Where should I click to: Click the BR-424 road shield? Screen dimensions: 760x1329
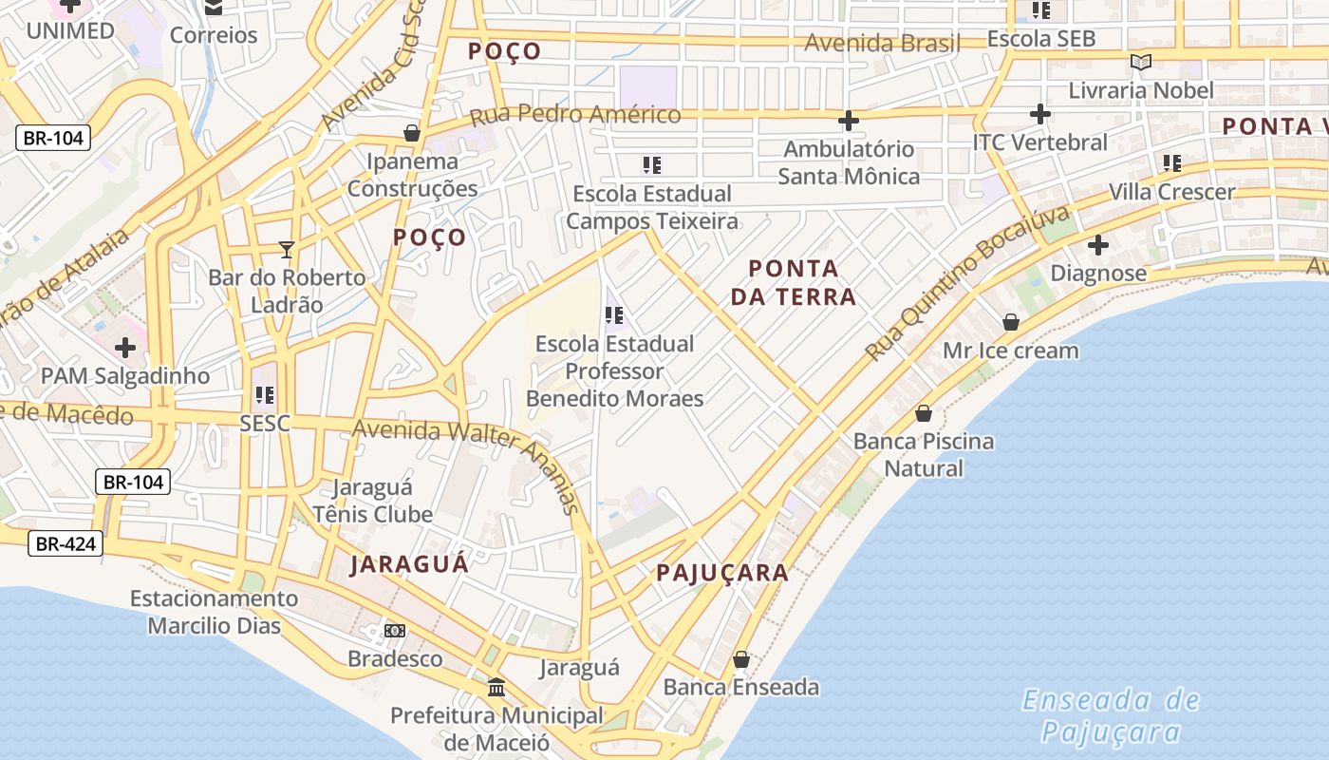click(65, 544)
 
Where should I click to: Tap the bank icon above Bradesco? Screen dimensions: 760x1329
click(394, 631)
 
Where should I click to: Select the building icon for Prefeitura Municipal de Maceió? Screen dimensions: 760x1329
click(496, 687)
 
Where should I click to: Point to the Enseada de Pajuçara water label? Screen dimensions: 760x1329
click(1111, 716)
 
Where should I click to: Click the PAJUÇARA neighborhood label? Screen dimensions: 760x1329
click(722, 573)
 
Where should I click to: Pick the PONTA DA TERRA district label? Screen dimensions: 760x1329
click(793, 282)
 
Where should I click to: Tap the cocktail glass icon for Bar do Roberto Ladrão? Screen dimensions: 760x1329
click(287, 250)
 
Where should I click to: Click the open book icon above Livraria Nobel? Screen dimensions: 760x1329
click(1140, 63)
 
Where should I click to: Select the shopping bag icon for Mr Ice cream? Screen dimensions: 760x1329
click(1011, 323)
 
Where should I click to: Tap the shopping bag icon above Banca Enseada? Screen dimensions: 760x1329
click(741, 659)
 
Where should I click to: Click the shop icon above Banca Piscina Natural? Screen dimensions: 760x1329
click(923, 413)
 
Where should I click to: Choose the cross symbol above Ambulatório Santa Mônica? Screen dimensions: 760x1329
click(849, 121)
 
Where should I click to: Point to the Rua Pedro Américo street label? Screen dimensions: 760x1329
click(575, 115)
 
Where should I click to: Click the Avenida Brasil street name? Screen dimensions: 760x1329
click(882, 43)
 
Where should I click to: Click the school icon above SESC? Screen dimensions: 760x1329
click(265, 394)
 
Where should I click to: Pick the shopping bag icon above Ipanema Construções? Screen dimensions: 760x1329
click(412, 133)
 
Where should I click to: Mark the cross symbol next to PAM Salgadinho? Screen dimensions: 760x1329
click(125, 348)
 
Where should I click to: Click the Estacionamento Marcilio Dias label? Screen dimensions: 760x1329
click(215, 612)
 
